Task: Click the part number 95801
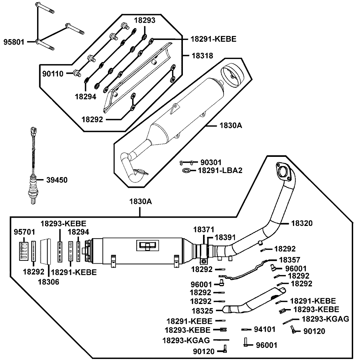pos(14,42)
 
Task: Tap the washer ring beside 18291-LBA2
pos(187,170)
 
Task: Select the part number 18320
pos(301,223)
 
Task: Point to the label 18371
pos(204,229)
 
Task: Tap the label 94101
pos(265,329)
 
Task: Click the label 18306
pos(48,282)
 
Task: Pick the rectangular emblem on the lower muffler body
pos(147,245)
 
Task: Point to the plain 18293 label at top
pos(145,21)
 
